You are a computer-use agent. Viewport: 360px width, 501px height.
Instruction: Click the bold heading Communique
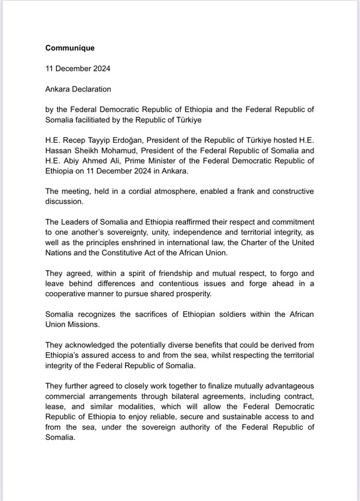coord(70,48)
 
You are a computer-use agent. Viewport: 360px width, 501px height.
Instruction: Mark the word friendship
coord(156,273)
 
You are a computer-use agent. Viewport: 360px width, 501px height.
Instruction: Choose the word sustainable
coord(236,417)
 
